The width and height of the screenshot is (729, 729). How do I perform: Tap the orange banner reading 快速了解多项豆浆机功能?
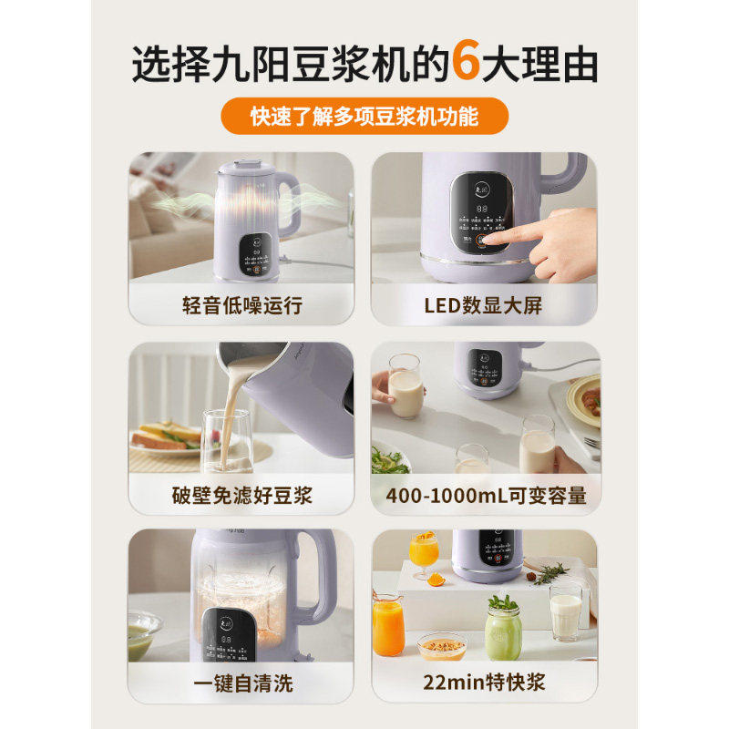point(364,116)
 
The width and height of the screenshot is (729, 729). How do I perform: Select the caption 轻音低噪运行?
point(241,304)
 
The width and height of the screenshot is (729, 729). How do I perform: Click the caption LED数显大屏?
point(485,304)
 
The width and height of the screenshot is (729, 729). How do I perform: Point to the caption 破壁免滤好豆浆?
point(241,495)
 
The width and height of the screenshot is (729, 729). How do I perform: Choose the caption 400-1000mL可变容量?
point(485,495)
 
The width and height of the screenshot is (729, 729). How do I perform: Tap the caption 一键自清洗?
point(241,683)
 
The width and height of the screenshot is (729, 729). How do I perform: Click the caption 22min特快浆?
point(485,683)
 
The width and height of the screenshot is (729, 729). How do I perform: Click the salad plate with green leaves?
point(390,460)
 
